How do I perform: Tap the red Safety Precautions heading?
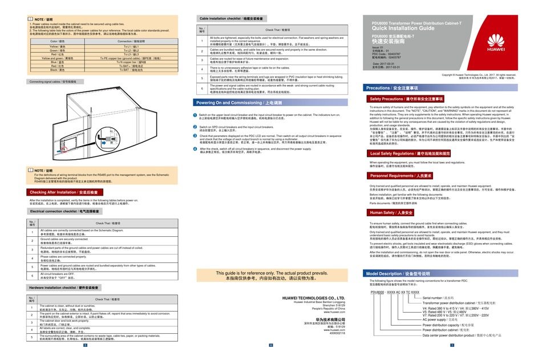[x=406, y=99]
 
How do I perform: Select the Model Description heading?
[x=397, y=274]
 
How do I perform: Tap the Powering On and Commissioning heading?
[x=230, y=103]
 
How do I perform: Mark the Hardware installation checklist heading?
[x=64, y=288]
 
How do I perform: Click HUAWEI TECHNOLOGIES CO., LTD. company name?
[x=314, y=297]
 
